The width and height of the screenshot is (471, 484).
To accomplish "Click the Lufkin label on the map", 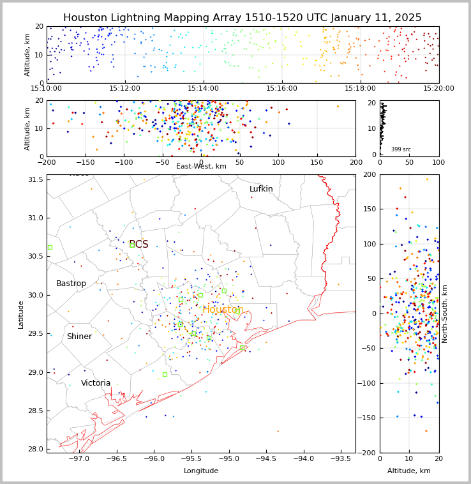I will click(x=261, y=189).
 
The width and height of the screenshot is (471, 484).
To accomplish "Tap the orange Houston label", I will click(x=223, y=310).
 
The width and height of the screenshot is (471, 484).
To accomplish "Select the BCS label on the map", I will click(x=138, y=245).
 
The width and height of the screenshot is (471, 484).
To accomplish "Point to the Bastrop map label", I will click(x=71, y=284).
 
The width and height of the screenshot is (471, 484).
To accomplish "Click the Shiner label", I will click(x=79, y=337).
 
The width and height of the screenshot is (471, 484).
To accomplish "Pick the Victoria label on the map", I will click(x=96, y=383).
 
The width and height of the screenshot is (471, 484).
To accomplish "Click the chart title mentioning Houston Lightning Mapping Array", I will click(x=242, y=18).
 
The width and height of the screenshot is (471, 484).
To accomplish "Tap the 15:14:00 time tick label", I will click(x=203, y=88).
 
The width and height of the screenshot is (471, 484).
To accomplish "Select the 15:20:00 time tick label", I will click(x=438, y=88).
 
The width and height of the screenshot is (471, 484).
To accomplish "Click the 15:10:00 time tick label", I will click(x=47, y=88).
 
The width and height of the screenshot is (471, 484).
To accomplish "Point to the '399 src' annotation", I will click(x=401, y=149).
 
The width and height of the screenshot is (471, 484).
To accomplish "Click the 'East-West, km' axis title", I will click(x=201, y=167).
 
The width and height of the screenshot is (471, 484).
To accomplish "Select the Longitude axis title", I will click(x=201, y=471).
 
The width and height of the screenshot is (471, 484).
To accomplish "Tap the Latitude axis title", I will click(x=21, y=314).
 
